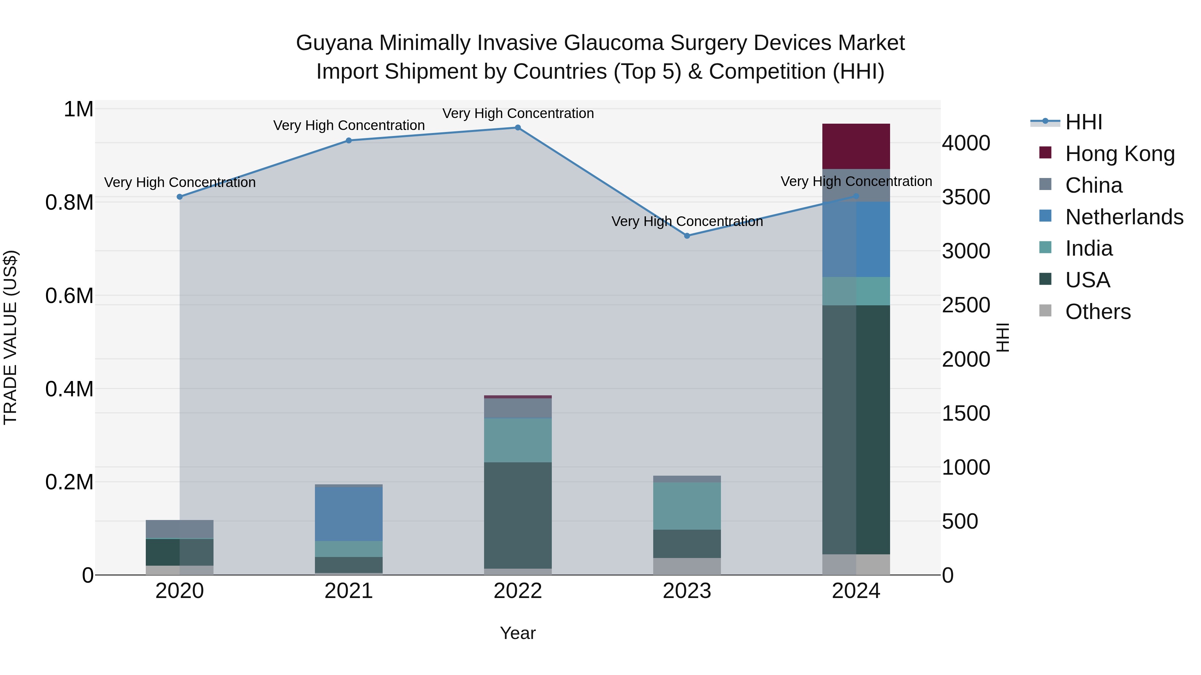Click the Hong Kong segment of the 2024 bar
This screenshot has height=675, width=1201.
pyautogui.click(x=856, y=146)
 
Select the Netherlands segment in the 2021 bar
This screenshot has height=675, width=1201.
pyautogui.click(x=349, y=514)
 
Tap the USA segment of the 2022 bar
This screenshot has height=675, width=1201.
pyautogui.click(x=517, y=515)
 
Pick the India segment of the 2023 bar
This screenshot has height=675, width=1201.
pyautogui.click(x=687, y=506)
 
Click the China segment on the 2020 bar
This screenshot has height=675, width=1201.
pyautogui.click(x=179, y=529)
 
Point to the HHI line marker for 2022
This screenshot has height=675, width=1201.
pyautogui.click(x=517, y=128)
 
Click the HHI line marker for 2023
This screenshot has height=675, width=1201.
pyautogui.click(x=687, y=236)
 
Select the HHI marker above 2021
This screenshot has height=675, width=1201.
pyautogui.click(x=349, y=141)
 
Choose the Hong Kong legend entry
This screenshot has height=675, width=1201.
pyautogui.click(x=1119, y=154)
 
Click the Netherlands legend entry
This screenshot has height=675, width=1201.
pyautogui.click(x=1124, y=217)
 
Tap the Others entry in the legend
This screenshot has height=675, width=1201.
pyautogui.click(x=1098, y=312)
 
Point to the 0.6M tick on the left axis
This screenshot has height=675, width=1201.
pyautogui.click(x=69, y=296)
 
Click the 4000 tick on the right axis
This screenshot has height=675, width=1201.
pyautogui.click(x=966, y=143)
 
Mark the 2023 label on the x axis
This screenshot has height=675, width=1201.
pyautogui.click(x=687, y=591)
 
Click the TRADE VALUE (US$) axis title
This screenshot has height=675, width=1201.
pyautogui.click(x=10, y=337)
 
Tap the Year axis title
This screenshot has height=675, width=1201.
pyautogui.click(x=517, y=633)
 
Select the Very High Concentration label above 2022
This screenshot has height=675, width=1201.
pyautogui.click(x=517, y=114)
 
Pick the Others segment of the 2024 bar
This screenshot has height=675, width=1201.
pyautogui.click(x=856, y=565)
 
